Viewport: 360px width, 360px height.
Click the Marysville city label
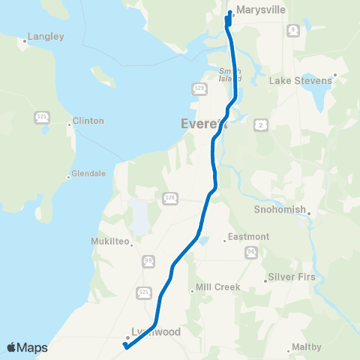click(257, 11)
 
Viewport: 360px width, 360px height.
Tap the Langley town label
click(44, 36)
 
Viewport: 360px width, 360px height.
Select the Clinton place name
click(88, 121)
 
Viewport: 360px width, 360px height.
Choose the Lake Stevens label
click(300, 80)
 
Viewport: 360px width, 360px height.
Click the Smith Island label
click(229, 74)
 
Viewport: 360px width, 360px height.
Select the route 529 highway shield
click(199, 88)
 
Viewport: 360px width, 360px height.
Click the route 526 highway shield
click(170, 196)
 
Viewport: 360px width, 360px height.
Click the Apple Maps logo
click(27, 347)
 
